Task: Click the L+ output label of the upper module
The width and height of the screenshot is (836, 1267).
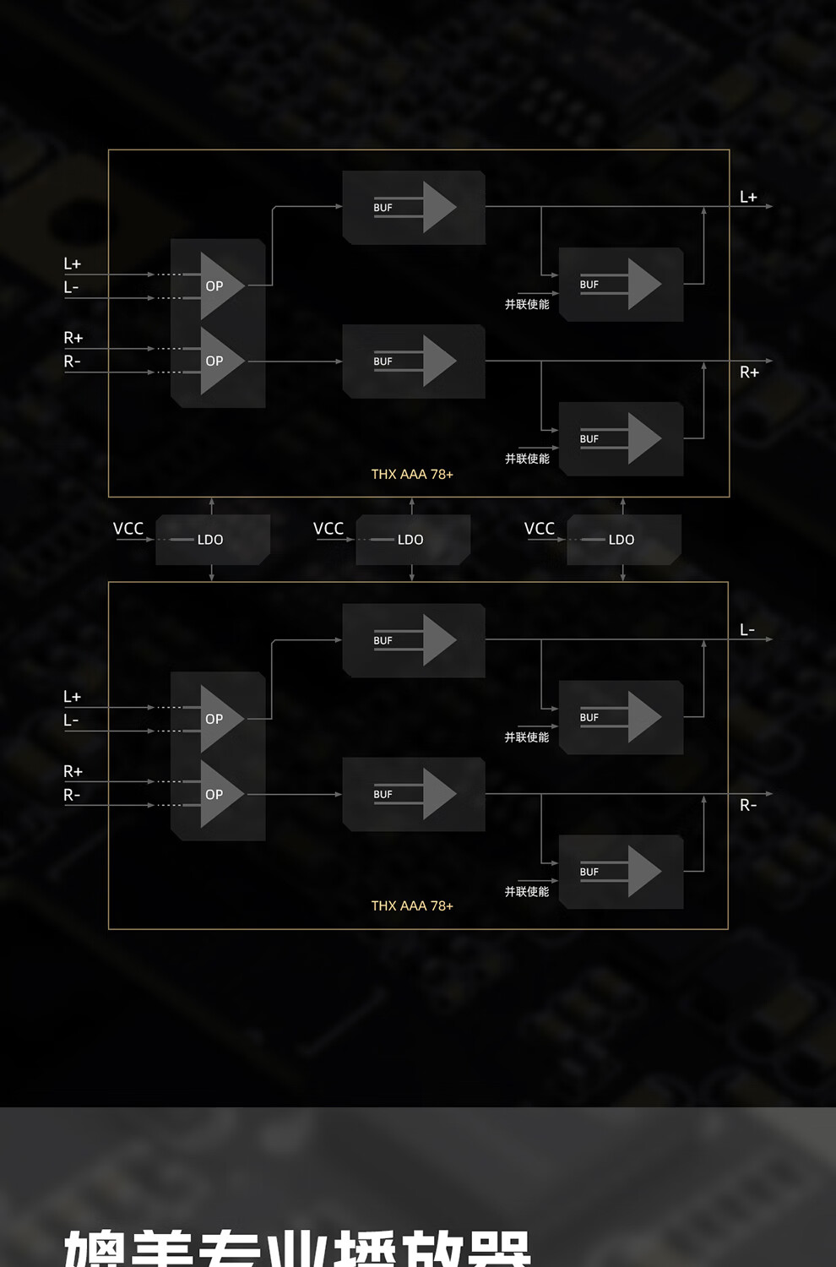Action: tap(748, 197)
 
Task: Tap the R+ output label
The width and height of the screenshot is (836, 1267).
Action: tap(749, 372)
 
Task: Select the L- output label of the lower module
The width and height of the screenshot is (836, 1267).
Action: tap(747, 630)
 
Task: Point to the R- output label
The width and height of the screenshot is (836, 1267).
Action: tap(748, 806)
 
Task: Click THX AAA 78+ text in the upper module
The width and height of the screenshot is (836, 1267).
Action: tap(412, 475)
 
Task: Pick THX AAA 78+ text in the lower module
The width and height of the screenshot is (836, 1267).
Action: tap(412, 906)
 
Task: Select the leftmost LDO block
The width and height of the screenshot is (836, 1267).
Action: tap(212, 540)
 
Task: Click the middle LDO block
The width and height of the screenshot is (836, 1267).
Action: tap(412, 540)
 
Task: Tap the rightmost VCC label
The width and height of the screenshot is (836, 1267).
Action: tap(540, 529)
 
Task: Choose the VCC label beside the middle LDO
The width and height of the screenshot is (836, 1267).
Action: tap(328, 529)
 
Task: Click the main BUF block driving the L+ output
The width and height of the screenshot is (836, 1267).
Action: tap(414, 208)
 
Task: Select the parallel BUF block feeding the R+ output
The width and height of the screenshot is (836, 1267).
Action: tap(621, 438)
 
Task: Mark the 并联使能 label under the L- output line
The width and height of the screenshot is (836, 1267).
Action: tap(527, 737)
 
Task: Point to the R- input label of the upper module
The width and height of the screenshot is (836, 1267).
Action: tap(73, 362)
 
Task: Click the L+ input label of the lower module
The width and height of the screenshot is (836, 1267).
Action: tap(73, 697)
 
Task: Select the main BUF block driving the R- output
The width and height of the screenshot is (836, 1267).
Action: tap(414, 794)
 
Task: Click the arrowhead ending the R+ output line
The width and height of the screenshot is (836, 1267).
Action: tap(768, 362)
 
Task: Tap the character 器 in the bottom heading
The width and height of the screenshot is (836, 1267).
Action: tap(498, 1250)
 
